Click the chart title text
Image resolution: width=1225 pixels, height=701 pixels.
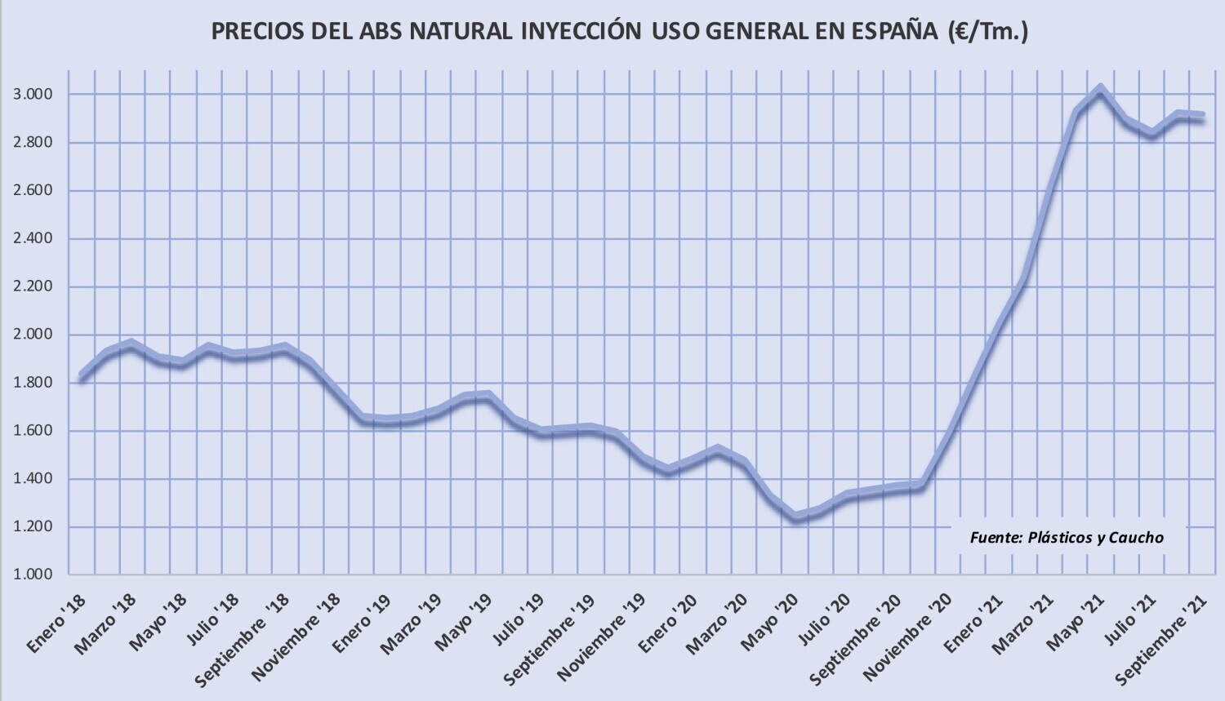(619, 32)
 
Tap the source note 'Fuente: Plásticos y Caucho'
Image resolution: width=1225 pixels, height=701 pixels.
(1067, 538)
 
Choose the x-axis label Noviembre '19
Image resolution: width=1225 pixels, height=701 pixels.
(600, 645)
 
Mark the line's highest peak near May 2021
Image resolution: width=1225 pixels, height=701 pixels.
(1100, 89)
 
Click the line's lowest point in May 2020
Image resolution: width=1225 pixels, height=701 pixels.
(795, 517)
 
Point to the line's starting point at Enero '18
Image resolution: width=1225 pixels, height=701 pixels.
(81, 376)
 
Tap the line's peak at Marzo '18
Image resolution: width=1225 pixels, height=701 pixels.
(131, 343)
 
